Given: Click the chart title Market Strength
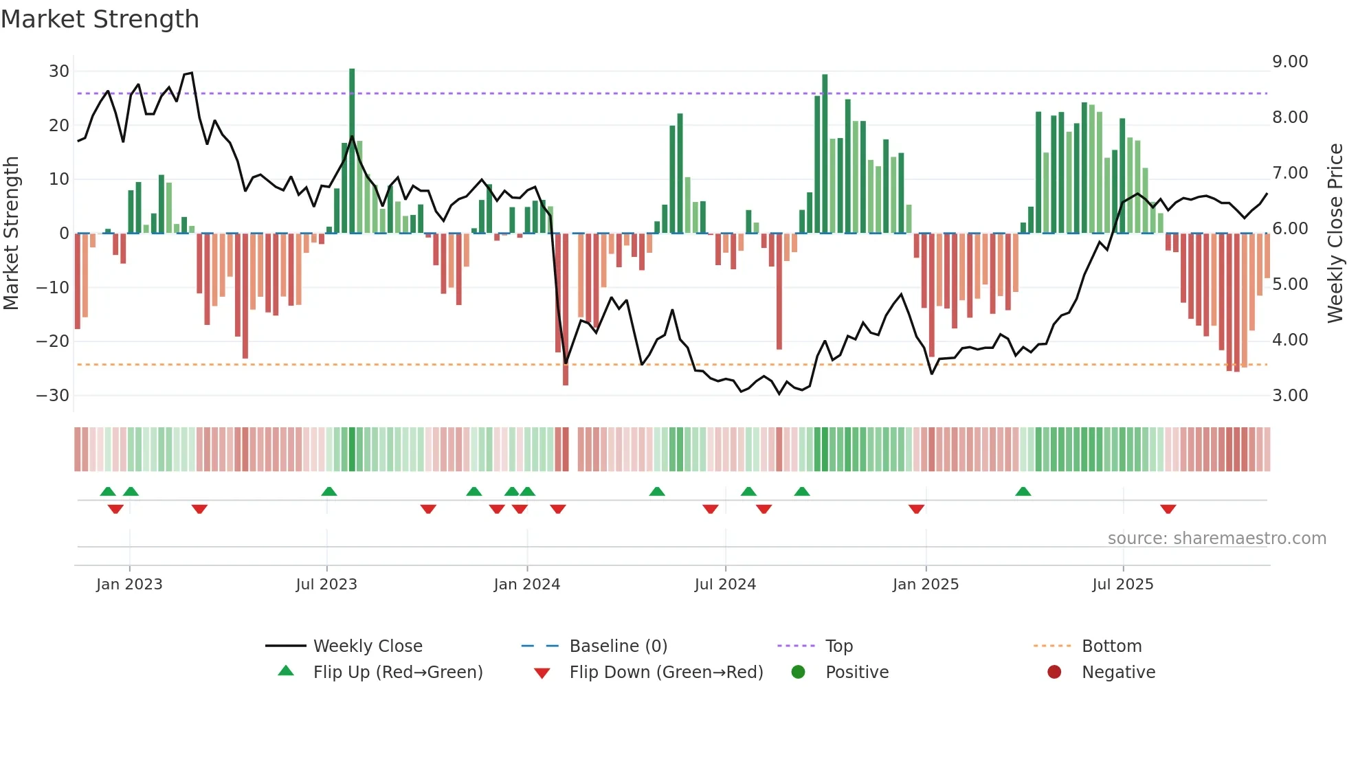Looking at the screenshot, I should pyautogui.click(x=100, y=19).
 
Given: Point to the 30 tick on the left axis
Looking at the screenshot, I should pyautogui.click(x=58, y=71).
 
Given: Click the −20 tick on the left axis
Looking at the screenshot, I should pyautogui.click(x=52, y=341).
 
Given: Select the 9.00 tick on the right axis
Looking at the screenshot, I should pyautogui.click(x=1289, y=62).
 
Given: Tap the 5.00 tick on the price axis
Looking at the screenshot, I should pyautogui.click(x=1289, y=284).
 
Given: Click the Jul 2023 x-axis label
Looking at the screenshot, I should pyautogui.click(x=326, y=585).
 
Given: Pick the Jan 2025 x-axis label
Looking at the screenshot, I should pyautogui.click(x=925, y=585).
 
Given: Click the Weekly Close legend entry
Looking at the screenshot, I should pyautogui.click(x=367, y=646).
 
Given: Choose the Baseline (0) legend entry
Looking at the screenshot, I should pyautogui.click(x=618, y=646).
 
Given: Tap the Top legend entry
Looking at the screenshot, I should pyautogui.click(x=838, y=646).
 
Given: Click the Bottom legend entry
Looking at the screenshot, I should pyautogui.click(x=1111, y=646).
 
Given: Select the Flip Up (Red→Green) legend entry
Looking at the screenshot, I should pyautogui.click(x=397, y=673).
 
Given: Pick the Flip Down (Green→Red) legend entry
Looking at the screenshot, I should pyautogui.click(x=665, y=673).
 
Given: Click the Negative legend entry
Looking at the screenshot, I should pyautogui.click(x=1117, y=673).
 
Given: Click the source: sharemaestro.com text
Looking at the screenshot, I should pyautogui.click(x=1216, y=539).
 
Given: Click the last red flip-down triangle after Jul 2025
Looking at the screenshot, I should pyautogui.click(x=1168, y=509).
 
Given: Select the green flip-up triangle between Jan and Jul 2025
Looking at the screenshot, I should pyautogui.click(x=1023, y=491).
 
